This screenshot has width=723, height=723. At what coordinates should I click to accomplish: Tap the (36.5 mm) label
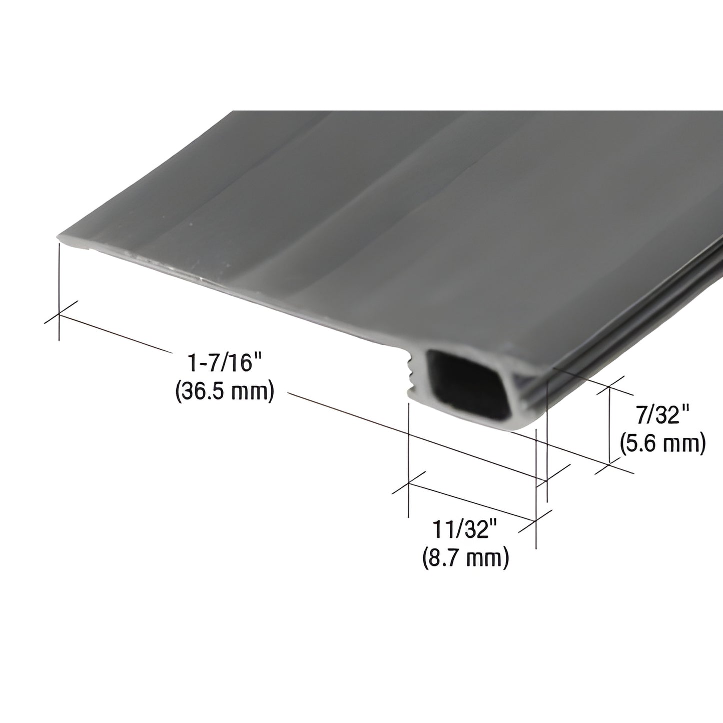pos(225,392)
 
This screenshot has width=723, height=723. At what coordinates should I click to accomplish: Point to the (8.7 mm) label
pos(465,558)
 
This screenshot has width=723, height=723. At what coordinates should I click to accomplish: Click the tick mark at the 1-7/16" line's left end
pos(60,315)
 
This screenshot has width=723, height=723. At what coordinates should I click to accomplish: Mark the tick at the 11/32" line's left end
pos(409,484)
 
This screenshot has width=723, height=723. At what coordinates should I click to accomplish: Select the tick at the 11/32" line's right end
pos(537,521)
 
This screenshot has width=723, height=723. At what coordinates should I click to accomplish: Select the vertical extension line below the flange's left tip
pos(60,290)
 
